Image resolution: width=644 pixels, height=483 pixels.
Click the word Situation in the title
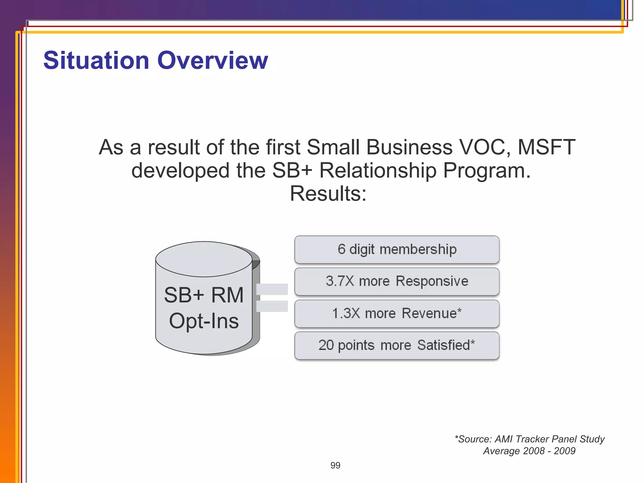(x=96, y=60)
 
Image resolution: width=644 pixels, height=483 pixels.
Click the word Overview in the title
(x=213, y=60)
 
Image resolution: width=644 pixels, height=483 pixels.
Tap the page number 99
(x=335, y=465)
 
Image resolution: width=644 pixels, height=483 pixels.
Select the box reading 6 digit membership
(x=397, y=249)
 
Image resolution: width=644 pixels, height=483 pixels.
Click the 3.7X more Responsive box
(x=397, y=281)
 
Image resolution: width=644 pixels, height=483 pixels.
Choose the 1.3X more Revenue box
(x=397, y=314)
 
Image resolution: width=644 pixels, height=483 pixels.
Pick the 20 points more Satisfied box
(x=397, y=345)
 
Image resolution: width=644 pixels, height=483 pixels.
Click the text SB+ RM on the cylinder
(x=204, y=295)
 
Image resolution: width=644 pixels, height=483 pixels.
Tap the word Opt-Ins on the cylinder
(x=204, y=321)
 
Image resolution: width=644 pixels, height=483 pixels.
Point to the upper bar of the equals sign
(x=272, y=289)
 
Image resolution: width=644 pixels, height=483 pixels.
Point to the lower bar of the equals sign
(x=272, y=306)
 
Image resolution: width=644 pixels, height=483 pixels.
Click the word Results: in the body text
(x=328, y=193)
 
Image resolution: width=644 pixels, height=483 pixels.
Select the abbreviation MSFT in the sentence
(x=547, y=147)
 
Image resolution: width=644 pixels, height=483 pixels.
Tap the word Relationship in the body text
(x=378, y=170)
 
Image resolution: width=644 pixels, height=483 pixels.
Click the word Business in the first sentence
(x=409, y=147)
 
